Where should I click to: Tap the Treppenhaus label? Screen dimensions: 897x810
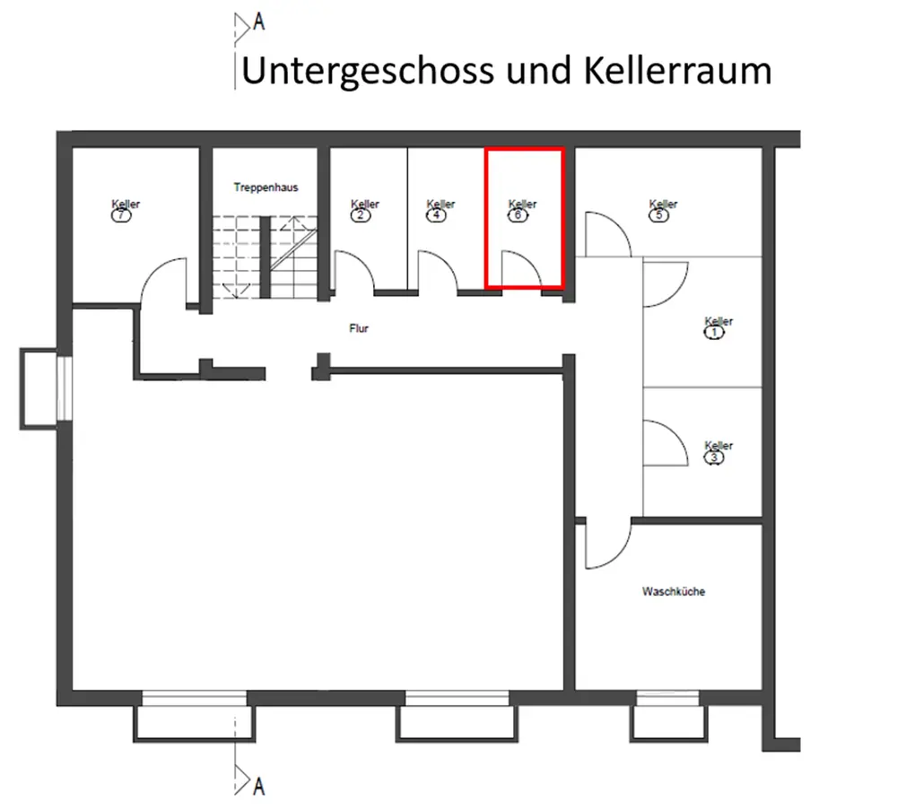click(x=266, y=187)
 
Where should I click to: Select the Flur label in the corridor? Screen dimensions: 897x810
click(x=359, y=328)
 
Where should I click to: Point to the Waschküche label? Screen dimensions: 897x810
click(x=673, y=592)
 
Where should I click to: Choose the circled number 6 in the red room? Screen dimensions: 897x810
click(x=518, y=215)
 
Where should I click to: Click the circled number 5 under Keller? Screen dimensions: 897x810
click(x=660, y=215)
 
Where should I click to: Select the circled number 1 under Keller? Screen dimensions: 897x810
click(x=716, y=333)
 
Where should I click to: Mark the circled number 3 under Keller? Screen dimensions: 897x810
click(x=716, y=457)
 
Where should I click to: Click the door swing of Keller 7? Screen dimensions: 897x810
click(x=164, y=279)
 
